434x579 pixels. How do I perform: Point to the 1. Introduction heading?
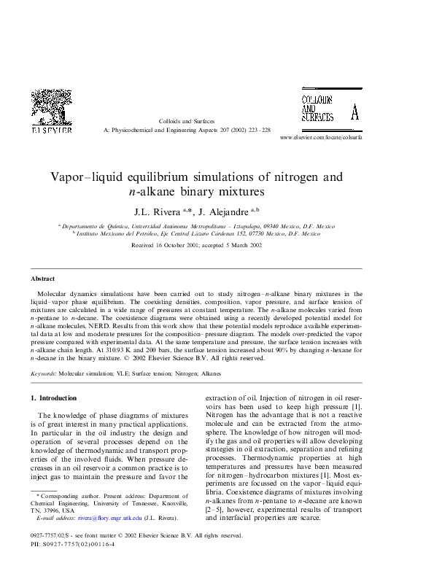pyautogui.click(x=53, y=398)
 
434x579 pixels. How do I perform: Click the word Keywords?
pyautogui.click(x=44, y=373)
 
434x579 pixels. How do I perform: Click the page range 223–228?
pyautogui.click(x=258, y=130)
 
